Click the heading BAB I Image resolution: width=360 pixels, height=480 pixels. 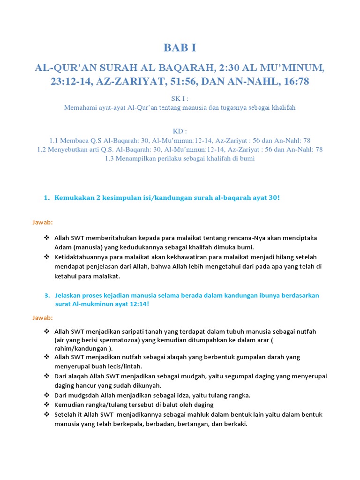tap(180, 47)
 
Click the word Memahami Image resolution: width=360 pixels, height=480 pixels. tap(79, 107)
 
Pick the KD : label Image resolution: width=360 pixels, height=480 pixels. tap(180, 131)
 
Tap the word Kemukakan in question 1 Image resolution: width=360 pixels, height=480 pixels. tap(75, 197)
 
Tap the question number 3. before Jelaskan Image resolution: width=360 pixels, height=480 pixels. tap(47, 296)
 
